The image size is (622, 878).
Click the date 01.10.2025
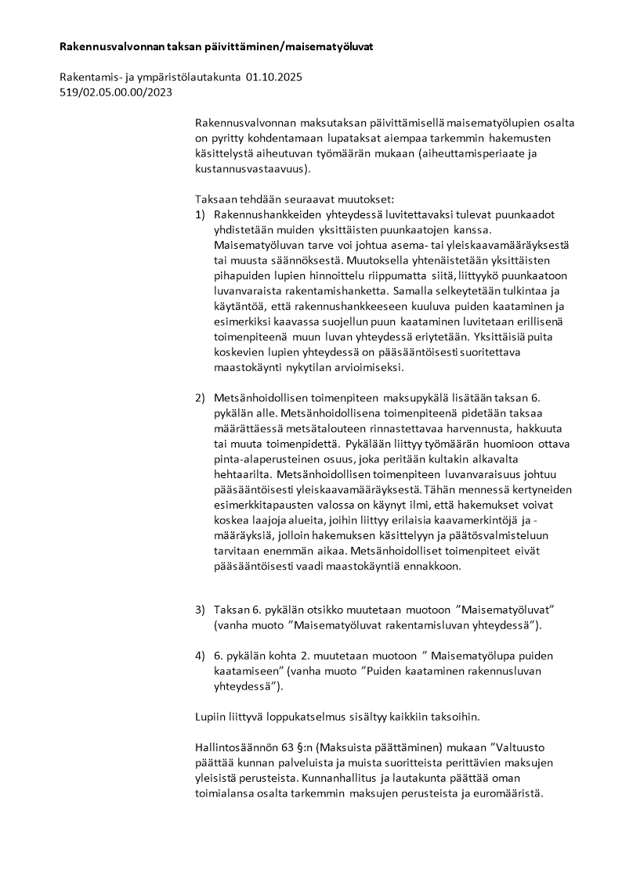(x=273, y=78)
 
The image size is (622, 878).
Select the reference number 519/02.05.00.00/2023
(x=116, y=92)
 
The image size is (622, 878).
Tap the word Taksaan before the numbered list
(x=215, y=200)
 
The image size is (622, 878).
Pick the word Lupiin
(x=210, y=716)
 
